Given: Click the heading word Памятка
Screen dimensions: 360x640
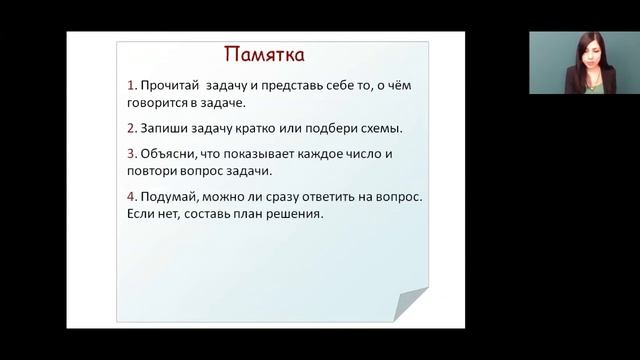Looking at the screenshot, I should click(x=263, y=53).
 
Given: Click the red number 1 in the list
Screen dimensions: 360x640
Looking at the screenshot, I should click(x=132, y=86).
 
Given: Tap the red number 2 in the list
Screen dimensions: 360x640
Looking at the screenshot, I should click(x=132, y=129).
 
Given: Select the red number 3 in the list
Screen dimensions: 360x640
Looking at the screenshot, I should click(x=132, y=155).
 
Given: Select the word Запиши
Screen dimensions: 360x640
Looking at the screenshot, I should click(x=166, y=129).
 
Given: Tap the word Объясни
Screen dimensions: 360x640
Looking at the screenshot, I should click(x=172, y=155).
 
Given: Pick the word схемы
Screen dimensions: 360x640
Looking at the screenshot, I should click(x=380, y=129).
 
